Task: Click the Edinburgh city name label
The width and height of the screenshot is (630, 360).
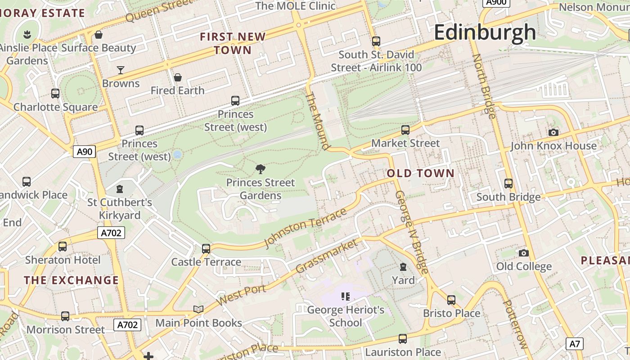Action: point(485,32)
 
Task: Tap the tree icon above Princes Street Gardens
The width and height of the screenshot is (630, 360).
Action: point(260,169)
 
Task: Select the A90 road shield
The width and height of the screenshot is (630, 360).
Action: point(85,152)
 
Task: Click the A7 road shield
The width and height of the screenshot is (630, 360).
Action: point(575,344)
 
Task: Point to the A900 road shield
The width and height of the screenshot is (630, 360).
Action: point(496,2)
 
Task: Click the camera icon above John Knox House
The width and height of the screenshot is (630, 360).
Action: point(553,132)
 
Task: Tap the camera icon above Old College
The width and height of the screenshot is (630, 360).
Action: point(523,253)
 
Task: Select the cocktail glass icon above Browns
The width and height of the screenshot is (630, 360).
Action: point(121,70)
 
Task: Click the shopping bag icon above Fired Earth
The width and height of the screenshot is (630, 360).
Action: point(178,77)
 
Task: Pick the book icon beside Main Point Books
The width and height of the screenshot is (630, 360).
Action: point(198,309)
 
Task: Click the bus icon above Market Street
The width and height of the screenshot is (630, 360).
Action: point(405,130)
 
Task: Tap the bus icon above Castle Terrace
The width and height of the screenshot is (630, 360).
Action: point(206,248)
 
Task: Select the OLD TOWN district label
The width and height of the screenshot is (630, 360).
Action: point(421,173)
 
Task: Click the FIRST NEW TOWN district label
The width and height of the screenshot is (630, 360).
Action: point(233,43)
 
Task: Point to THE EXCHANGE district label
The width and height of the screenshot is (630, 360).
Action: point(71,280)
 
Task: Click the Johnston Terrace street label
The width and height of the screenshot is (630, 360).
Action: point(306,228)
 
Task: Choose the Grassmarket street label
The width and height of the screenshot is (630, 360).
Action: point(327,256)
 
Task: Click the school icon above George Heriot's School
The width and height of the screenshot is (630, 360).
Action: point(345,296)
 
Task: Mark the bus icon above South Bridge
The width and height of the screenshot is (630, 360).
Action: point(508,184)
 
